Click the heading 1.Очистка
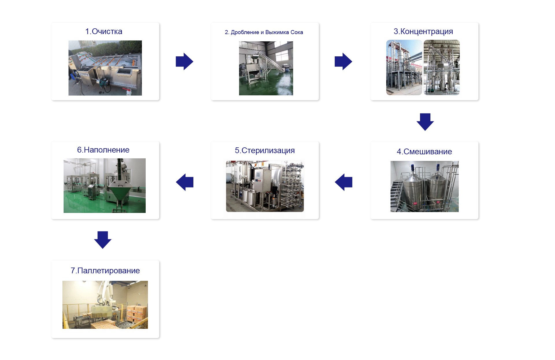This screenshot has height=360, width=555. coord(104,31)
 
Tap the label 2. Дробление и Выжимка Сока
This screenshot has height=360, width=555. coord(264,32)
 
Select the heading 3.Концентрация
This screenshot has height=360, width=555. coord(423,31)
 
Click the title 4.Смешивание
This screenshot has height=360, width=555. coord(424,151)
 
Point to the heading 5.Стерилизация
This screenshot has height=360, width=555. coord(265,151)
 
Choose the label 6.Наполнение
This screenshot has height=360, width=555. coord(103,150)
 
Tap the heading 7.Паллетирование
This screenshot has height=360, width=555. coord(105,270)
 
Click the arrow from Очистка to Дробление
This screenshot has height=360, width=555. coord(184,61)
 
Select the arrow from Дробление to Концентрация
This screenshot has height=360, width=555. coord(343,61)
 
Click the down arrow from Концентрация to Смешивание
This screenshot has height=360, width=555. coord(425,122)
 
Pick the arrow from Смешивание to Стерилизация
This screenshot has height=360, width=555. coord(344,182)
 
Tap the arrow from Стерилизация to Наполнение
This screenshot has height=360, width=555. coord(185,182)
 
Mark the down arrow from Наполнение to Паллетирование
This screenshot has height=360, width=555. coord(103,240)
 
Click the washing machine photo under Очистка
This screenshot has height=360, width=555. coord(105,68)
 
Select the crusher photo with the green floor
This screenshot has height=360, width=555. coord(266,68)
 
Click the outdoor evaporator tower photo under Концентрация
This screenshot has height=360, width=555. coord(404,67)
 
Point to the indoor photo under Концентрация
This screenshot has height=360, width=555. coord(442,67)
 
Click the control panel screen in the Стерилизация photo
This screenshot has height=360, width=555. coord(258,174)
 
